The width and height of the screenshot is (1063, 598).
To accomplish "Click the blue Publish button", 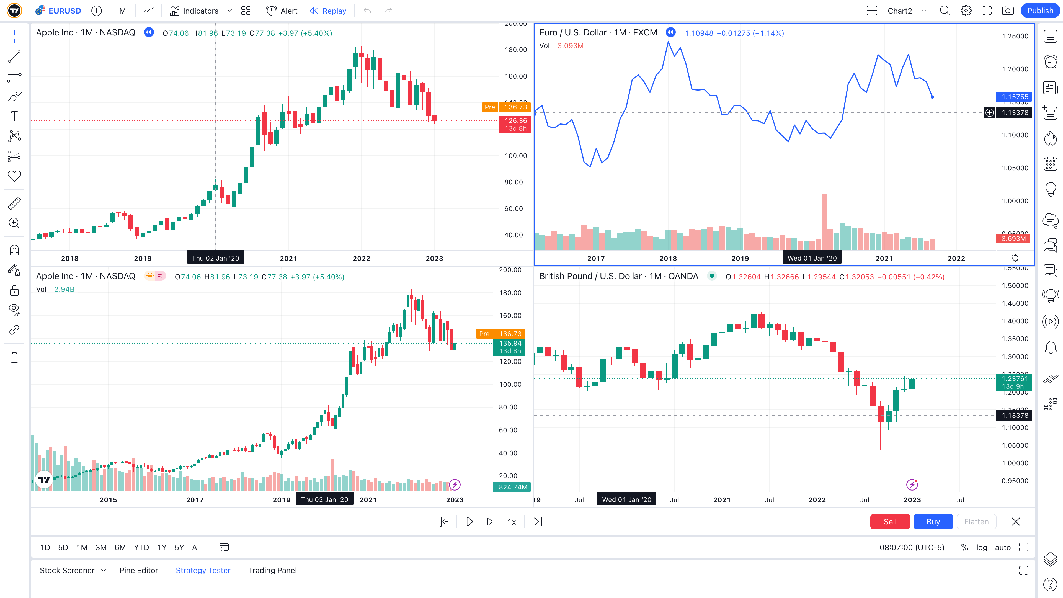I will pos(1040,11).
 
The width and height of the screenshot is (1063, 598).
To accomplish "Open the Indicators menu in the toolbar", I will pos(194,11).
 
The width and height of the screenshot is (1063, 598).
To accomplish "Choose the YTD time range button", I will pos(141,547).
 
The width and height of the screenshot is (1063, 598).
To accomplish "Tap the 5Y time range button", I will pos(179,547).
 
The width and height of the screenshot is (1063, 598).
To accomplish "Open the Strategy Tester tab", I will pos(203,570).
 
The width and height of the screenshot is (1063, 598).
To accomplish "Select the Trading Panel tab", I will pos(272,570).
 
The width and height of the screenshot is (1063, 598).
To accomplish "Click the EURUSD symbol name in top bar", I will pos(64,11).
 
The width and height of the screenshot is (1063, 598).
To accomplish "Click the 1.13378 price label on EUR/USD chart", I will pos(1015,113).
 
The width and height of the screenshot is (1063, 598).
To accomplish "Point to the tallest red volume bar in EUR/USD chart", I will pos(824,221).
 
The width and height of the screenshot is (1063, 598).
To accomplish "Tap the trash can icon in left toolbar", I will pos(14,357).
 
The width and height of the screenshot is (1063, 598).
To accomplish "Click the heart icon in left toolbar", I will pos(14,176).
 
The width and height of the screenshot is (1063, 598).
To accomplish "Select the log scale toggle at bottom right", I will pos(981,547).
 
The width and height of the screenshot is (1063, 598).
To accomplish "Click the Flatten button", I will pos(976,522).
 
